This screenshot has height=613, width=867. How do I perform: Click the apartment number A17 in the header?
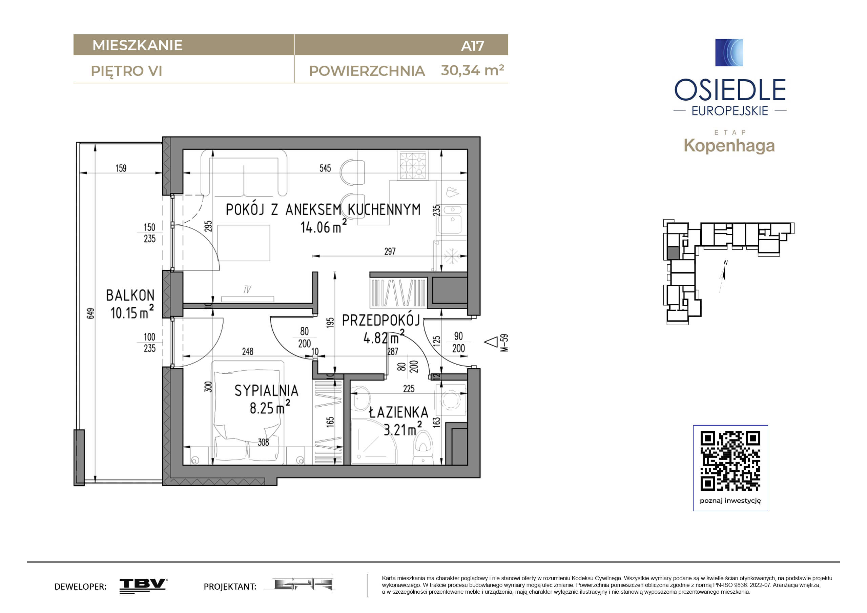[x=472, y=46]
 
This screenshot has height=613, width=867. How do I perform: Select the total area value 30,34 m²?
[x=472, y=70]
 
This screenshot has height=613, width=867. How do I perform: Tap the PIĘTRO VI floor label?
[x=126, y=71]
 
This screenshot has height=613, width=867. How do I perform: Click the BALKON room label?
[x=130, y=295]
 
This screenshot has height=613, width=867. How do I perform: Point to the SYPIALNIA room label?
[x=266, y=390]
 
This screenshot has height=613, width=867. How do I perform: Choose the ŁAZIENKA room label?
[x=398, y=412]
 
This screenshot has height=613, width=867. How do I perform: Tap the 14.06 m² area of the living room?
[x=323, y=227]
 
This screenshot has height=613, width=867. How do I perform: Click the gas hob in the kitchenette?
[x=412, y=165]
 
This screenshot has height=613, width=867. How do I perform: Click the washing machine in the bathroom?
[x=451, y=400]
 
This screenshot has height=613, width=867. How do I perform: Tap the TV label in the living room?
[x=247, y=289]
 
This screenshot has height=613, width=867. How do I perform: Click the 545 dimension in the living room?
[x=325, y=168]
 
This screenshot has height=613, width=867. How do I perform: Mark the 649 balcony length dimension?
[x=90, y=313]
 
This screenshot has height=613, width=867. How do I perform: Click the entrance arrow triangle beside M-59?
[x=492, y=342]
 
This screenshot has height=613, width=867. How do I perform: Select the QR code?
[x=730, y=461]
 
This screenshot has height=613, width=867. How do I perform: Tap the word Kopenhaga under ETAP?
[x=729, y=146]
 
